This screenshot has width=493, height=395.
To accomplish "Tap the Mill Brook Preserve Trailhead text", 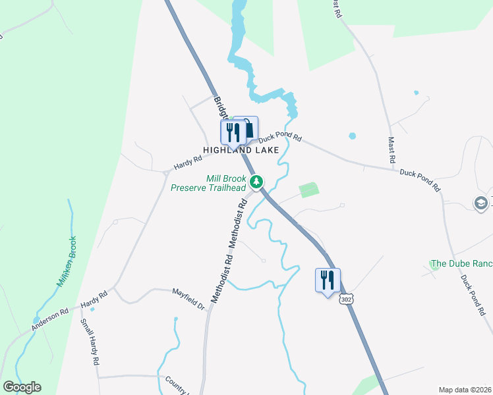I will [x=208, y=183].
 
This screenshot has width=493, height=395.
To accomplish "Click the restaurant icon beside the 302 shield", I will [x=328, y=280].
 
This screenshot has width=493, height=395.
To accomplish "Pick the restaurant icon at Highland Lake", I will [x=233, y=132].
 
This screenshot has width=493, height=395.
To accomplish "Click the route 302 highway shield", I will [x=347, y=299].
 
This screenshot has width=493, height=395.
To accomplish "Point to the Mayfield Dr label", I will [x=189, y=298].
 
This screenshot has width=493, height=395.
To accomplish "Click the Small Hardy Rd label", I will [x=89, y=342].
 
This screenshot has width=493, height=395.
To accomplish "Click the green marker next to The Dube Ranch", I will [x=435, y=264].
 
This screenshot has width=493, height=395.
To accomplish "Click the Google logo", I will [x=22, y=387].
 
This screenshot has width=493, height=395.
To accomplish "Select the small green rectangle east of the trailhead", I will [x=308, y=190].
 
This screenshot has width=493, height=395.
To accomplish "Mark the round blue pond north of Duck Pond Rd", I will [x=352, y=136].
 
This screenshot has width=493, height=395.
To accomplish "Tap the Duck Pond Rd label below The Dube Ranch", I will [x=473, y=295].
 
